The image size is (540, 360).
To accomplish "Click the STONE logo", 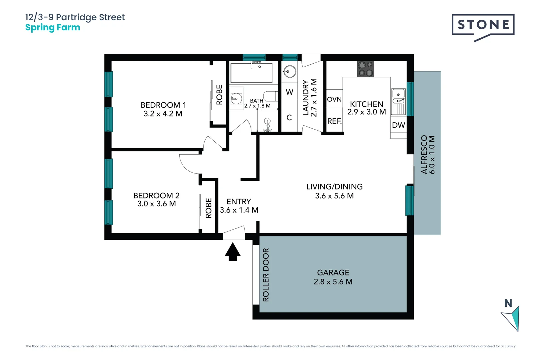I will click(483, 25).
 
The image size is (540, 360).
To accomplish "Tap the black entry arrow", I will click(233, 252).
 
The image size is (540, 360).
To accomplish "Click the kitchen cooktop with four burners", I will click(365, 69).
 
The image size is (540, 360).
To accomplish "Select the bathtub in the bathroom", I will click(251, 73).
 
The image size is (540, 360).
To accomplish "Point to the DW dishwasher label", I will click(398, 125).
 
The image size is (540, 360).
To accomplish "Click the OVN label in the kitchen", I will click(334, 99).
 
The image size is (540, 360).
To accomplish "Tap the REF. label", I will click(334, 121).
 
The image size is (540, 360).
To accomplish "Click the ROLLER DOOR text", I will click(266, 275).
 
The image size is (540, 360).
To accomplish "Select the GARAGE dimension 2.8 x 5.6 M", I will click(333, 282).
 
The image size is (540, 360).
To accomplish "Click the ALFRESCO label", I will click(424, 154).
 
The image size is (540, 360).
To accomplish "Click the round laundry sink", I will click(289, 71).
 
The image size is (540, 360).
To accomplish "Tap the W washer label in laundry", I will click(289, 92).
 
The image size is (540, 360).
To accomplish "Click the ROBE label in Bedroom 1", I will click(219, 95).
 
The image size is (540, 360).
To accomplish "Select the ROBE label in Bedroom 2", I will click(209, 208).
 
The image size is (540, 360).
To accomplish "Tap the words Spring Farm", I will click(53, 28).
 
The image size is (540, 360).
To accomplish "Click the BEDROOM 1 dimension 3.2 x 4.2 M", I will click(163, 114).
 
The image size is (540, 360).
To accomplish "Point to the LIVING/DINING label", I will click(334, 187).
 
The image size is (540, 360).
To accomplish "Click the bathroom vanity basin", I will click(236, 98).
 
